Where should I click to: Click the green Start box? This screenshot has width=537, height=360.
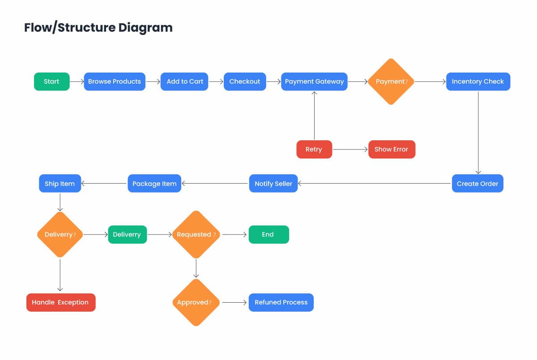pos(52,81)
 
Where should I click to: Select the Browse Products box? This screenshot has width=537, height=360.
pos(115,81)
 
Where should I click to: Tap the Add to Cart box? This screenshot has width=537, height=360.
pos(184,81)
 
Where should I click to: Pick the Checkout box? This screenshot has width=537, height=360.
pos(245,81)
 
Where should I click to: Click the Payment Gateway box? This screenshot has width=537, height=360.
pos(314,81)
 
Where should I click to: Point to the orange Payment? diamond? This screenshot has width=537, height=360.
pos(391,81)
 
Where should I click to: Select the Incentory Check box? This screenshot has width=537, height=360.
pos(478,81)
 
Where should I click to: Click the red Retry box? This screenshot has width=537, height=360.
pos(314,150)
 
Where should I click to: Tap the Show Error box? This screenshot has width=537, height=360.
pos(392,150)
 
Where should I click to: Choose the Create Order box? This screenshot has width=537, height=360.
pos(477,184)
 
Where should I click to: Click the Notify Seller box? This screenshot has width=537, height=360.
pos(273,184)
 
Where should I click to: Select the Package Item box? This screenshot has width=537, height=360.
pos(154,184)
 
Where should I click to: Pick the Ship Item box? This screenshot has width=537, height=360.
pos(60,184)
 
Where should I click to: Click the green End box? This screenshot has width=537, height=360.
pos(269,235)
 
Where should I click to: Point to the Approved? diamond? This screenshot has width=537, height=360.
pos(196,302)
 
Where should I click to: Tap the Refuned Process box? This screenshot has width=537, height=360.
pos(281,302)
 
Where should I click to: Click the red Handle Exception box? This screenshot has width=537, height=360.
pos(61,302)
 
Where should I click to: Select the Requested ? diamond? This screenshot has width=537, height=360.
pos(196,235)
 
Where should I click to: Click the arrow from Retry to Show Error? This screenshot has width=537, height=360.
pos(350,150)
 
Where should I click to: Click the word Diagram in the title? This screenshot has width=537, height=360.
pos(145,28)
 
